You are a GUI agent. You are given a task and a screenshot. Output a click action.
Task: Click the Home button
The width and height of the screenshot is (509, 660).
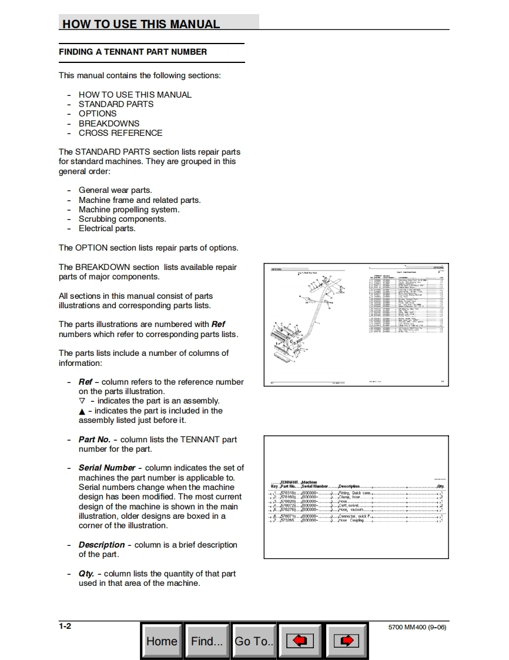tap(162, 641)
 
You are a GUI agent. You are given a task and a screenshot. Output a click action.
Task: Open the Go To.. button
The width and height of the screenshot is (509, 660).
tap(254, 641)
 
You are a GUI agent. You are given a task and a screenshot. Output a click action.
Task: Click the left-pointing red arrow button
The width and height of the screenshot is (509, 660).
tap(300, 641)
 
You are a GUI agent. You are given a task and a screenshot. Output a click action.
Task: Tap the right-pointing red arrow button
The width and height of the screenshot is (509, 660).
tap(346, 641)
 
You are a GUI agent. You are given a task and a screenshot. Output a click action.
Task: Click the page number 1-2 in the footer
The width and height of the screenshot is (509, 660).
tap(65, 626)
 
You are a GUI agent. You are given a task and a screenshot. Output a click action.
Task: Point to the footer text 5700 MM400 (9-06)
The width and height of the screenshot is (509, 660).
tap(417, 628)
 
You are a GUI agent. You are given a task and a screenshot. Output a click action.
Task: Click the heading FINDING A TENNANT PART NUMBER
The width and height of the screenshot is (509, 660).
tap(133, 52)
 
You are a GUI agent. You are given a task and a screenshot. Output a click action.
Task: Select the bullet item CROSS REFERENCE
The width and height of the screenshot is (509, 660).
tap(120, 133)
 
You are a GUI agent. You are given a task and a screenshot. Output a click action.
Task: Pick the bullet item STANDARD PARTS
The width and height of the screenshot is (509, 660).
tap(116, 104)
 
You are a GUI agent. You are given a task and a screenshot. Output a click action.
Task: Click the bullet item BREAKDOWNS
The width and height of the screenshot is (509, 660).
tap(109, 124)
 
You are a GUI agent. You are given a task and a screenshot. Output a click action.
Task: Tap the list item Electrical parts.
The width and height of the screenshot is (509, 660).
tap(107, 229)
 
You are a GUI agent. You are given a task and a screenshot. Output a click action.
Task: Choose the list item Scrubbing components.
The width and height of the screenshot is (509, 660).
tap(122, 219)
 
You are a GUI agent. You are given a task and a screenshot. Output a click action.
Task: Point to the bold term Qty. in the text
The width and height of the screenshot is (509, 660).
tap(86, 574)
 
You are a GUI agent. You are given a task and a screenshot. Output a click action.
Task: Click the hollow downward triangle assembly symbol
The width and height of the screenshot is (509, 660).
tap(82, 401)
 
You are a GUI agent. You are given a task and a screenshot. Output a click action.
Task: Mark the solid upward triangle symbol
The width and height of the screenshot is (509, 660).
tap(82, 411)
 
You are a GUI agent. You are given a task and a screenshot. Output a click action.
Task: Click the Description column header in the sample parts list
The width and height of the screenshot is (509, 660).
tap(349, 486)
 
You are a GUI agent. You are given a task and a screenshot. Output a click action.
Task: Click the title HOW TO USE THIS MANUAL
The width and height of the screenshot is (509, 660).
tap(141, 24)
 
